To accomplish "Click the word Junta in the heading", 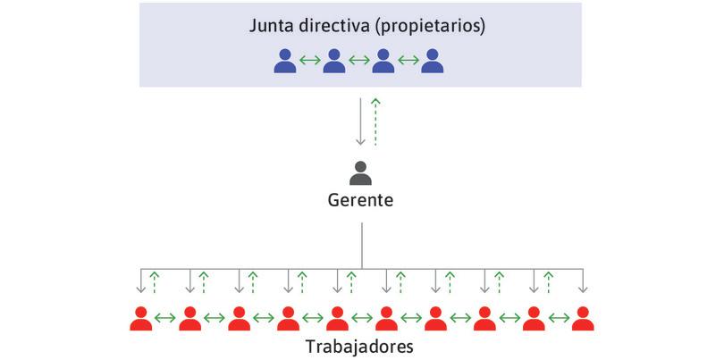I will click(x=270, y=26).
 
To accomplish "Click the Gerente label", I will click(x=360, y=200).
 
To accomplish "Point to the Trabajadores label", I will click(x=360, y=345).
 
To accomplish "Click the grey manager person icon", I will click(x=360, y=172).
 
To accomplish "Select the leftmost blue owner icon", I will click(x=285, y=61).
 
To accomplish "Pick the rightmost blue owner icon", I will click(x=434, y=61).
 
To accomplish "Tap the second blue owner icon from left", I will click(x=334, y=61).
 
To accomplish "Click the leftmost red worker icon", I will click(x=140, y=318).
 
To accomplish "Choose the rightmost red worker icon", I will click(x=583, y=318).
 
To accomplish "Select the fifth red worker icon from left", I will click(x=337, y=318).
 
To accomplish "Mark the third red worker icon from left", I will click(x=239, y=318).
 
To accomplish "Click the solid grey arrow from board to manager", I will click(x=360, y=121).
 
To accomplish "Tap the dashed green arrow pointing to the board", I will click(x=375, y=121).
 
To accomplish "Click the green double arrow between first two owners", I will click(x=310, y=62).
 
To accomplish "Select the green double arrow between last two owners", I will click(x=408, y=62).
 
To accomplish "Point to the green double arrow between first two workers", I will click(x=165, y=319).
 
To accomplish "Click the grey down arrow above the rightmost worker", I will click(x=583, y=281).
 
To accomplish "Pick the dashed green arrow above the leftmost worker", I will click(x=155, y=281).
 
